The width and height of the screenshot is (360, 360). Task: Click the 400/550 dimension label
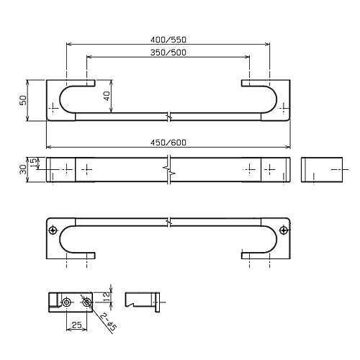(x=168, y=40)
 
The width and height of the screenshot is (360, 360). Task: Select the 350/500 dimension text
(x=168, y=53)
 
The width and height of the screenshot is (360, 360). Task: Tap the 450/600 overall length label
(x=168, y=143)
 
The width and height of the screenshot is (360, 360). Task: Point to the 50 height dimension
(x=23, y=100)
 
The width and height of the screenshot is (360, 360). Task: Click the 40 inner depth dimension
(x=107, y=96)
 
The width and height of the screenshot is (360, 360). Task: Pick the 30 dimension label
(x=23, y=169)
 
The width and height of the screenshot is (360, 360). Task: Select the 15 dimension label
(x=34, y=162)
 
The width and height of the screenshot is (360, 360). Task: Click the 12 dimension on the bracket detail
(x=107, y=297)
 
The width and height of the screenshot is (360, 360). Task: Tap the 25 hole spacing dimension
(x=76, y=325)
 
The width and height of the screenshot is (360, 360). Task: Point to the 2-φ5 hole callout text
(x=109, y=322)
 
